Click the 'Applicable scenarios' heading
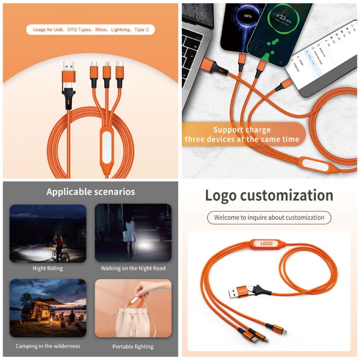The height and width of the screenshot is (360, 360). click(x=91, y=192)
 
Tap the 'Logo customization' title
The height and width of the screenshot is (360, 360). click(x=269, y=195)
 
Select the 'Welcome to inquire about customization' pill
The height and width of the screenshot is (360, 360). click(x=269, y=217)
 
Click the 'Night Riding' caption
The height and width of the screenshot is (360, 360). click(x=48, y=268)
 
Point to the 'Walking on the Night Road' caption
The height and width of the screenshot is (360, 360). click(x=133, y=268)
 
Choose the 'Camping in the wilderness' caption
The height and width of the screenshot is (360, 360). click(x=48, y=346)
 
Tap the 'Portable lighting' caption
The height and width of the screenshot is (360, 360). click(x=133, y=346)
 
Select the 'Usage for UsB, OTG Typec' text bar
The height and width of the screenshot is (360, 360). click(x=91, y=30)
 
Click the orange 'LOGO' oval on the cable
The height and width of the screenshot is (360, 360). click(x=266, y=243)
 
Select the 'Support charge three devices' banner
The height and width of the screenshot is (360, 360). click(x=242, y=134)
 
